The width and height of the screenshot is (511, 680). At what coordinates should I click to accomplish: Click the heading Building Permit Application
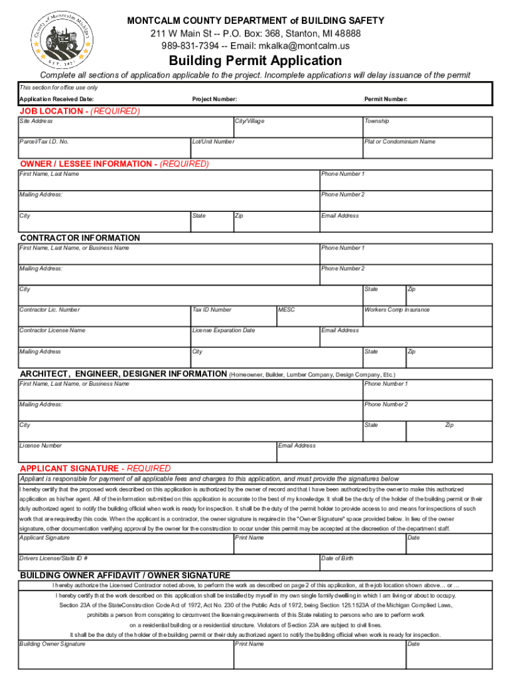(x=255, y=61)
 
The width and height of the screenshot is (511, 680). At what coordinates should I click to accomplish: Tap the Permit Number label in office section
(x=386, y=99)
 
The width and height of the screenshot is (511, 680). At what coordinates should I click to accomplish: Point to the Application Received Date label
(x=56, y=99)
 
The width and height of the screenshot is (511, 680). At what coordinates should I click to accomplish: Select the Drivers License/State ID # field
(x=169, y=562)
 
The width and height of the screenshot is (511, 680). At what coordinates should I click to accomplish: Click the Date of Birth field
(x=405, y=562)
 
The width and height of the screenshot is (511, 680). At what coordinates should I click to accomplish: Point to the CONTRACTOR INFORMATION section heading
(x=80, y=238)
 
